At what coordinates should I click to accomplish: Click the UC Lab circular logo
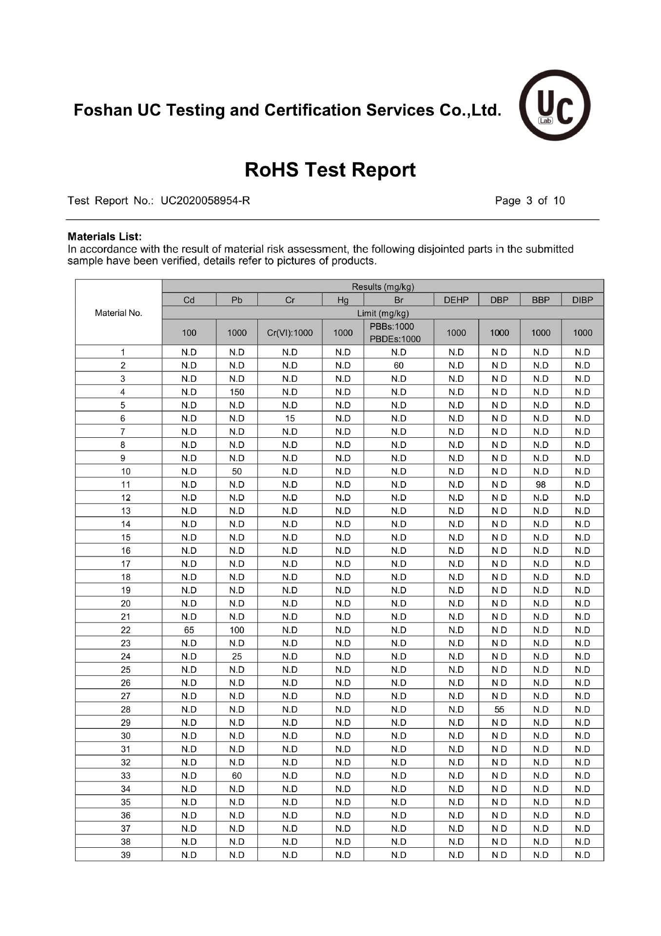pyautogui.click(x=555, y=105)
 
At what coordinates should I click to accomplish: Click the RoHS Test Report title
pyautogui.click(x=330, y=170)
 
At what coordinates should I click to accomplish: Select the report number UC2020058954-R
pyautogui.click(x=205, y=201)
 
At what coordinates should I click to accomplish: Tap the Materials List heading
pyautogui.click(x=104, y=237)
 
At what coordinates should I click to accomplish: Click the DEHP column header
pyautogui.click(x=456, y=300)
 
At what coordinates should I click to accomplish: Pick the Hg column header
pyautogui.click(x=343, y=300)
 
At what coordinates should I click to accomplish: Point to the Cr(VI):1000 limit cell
pyautogui.click(x=290, y=333)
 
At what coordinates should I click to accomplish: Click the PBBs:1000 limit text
pyautogui.click(x=392, y=327)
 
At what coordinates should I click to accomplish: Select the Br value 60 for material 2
pyautogui.click(x=399, y=366)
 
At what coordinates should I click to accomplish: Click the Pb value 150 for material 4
pyautogui.click(x=237, y=392)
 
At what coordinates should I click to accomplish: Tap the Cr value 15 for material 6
pyautogui.click(x=290, y=418)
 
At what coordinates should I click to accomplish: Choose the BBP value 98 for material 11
pyautogui.click(x=541, y=485)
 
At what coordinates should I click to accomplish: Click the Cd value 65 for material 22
pyautogui.click(x=189, y=630)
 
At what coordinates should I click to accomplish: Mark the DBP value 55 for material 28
pyautogui.click(x=499, y=709)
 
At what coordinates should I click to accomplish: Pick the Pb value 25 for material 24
pyautogui.click(x=237, y=657)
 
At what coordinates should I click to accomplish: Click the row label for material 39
pyautogui.click(x=126, y=855)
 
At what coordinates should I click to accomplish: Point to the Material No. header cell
pyautogui.click(x=118, y=313)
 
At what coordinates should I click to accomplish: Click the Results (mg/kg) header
pyautogui.click(x=383, y=287)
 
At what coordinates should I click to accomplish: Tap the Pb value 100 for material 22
pyautogui.click(x=237, y=630)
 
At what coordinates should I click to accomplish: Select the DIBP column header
pyautogui.click(x=583, y=300)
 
